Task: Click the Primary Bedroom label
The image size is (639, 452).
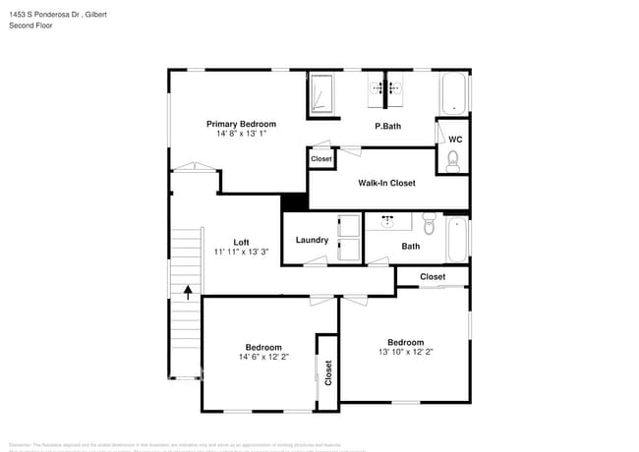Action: [241, 124]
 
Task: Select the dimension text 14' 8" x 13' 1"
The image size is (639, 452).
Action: [241, 134]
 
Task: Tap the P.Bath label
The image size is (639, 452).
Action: [387, 126]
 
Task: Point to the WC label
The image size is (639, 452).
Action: [455, 140]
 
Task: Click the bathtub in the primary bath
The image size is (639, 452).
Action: [454, 94]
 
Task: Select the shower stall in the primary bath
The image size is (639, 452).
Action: [322, 95]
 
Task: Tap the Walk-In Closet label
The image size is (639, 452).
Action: [386, 183]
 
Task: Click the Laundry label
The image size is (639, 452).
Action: [312, 240]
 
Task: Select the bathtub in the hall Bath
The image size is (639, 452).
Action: [457, 241]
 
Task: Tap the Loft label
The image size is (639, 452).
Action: [241, 242]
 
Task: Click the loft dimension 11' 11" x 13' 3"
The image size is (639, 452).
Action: [241, 252]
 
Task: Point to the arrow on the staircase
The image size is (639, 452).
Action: [187, 292]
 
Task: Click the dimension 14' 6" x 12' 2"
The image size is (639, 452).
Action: [263, 358]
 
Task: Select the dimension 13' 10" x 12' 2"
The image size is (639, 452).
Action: [404, 352]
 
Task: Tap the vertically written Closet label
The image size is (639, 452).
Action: [328, 371]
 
